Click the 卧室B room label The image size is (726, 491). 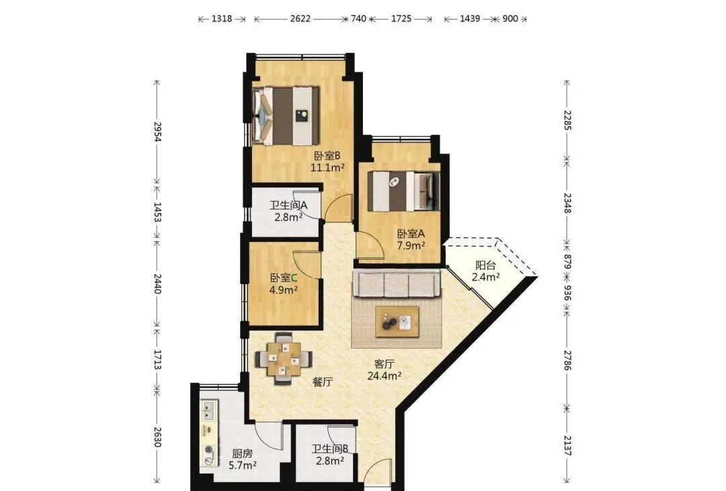[327, 156]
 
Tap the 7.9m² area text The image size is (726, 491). [411, 245]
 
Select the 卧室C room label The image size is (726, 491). [284, 278]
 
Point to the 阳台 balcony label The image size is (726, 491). [486, 265]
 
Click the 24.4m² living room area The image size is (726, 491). [385, 375]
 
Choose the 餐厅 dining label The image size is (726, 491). [323, 382]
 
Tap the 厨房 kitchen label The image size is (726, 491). [242, 453]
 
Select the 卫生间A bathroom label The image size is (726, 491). [288, 205]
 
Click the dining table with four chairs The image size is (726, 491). [284, 359]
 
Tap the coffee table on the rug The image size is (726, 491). [397, 322]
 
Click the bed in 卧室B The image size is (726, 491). [286, 116]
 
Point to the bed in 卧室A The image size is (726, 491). [403, 191]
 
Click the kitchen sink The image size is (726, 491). [209, 410]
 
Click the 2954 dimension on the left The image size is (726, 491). [157, 132]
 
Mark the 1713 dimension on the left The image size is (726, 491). [157, 359]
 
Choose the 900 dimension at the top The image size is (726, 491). [510, 19]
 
